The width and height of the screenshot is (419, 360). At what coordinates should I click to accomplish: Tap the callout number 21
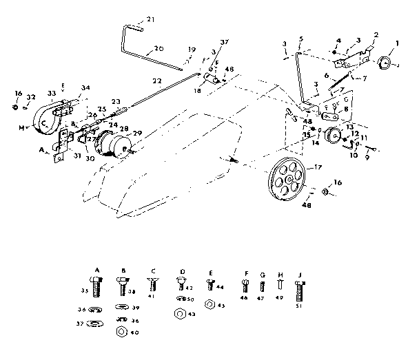[152, 19]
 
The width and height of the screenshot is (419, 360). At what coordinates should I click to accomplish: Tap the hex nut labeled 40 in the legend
[120, 331]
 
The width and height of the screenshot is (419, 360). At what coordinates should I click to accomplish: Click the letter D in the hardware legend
[182, 272]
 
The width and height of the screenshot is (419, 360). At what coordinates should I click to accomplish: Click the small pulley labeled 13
[334, 136]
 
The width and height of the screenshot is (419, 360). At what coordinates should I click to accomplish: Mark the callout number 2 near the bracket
[376, 34]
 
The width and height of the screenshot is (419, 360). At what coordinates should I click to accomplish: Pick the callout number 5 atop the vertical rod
[301, 39]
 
